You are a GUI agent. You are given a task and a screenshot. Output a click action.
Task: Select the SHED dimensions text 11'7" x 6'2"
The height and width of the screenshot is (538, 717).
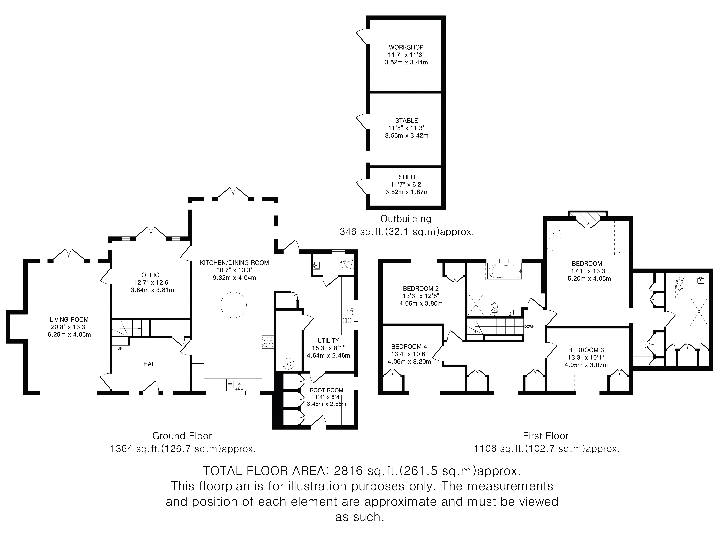pyautogui.click(x=407, y=185)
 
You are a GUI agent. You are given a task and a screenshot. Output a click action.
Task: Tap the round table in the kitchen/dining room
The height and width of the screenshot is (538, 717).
pyautogui.click(x=233, y=305)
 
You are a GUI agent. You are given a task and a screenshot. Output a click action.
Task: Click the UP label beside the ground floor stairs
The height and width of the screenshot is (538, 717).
pyautogui.click(x=120, y=349)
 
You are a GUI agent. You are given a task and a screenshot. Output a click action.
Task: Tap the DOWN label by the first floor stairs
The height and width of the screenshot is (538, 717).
pyautogui.click(x=529, y=327)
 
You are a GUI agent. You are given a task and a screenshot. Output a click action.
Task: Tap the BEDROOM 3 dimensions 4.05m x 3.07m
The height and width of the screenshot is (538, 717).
pyautogui.click(x=586, y=365)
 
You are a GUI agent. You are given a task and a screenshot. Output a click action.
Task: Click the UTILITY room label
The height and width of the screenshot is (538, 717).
pyautogui.click(x=328, y=341)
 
